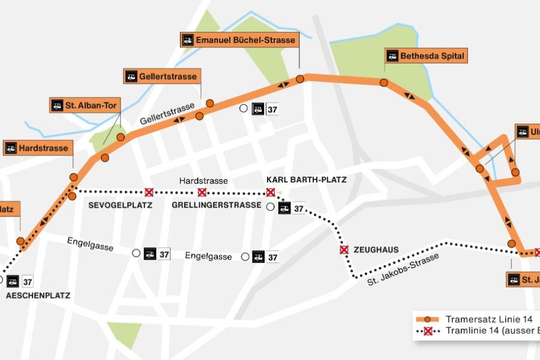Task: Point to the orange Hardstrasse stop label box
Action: click(x=38, y=148)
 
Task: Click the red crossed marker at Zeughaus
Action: click(x=344, y=250)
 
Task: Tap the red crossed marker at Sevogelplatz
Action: click(x=149, y=192)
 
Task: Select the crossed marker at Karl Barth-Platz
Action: click(x=271, y=192)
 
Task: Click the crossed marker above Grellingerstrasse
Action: click(x=202, y=192)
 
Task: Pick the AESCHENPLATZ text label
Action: click(x=38, y=296)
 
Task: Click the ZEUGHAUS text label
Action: click(x=376, y=250)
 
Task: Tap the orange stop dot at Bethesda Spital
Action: click(x=384, y=83)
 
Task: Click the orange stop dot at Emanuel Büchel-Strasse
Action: click(x=300, y=79)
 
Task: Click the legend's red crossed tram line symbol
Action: click(x=428, y=331)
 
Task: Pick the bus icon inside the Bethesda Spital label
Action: click(x=392, y=56)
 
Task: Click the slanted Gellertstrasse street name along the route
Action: click(x=167, y=113)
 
